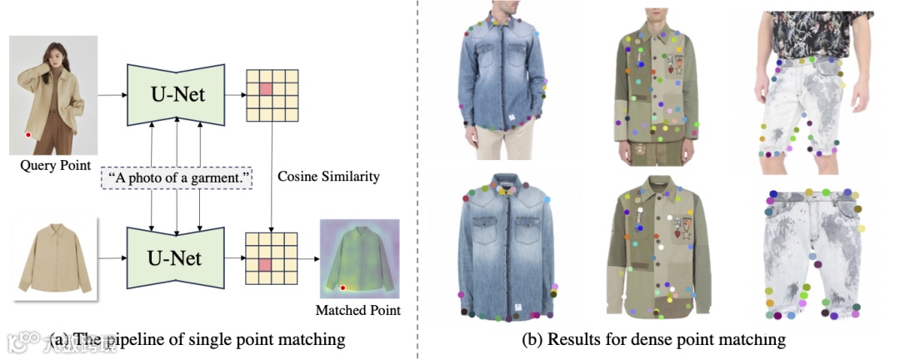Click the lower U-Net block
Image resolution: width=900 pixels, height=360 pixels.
(177, 259)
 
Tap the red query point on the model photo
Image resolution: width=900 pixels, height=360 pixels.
(28, 134)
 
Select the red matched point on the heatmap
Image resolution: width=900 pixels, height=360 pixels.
(342, 288)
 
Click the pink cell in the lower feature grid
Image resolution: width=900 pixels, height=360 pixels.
(266, 264)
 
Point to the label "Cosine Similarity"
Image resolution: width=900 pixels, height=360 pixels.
(327, 177)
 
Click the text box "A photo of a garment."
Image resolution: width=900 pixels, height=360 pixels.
(177, 177)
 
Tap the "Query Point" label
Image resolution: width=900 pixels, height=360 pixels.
(56, 166)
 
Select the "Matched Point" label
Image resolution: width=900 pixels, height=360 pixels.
(358, 311)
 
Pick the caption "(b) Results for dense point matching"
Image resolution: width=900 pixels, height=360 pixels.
(653, 339)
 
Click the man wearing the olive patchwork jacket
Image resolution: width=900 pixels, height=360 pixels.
(658, 83)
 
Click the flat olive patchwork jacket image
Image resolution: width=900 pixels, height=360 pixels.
(658, 250)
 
